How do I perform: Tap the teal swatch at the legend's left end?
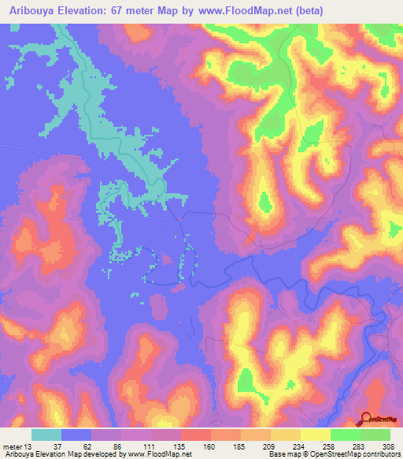46,435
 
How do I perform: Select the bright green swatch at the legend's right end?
375,435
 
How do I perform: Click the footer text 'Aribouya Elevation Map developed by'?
65,454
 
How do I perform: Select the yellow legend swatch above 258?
316,435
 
